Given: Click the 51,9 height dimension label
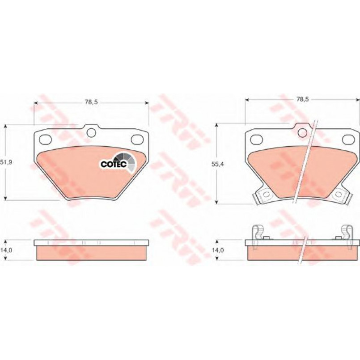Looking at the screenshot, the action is (6, 162).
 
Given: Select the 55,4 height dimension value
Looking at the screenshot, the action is (217, 164).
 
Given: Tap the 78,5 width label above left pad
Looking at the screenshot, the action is (91, 102).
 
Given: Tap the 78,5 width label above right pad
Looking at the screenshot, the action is (303, 99).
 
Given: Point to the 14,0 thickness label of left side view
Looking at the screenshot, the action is (6, 250).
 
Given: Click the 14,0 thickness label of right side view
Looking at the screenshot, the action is (217, 250).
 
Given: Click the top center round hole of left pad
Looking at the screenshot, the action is (91, 132).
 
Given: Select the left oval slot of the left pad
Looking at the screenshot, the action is (45, 139).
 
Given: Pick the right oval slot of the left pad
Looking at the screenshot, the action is (137, 139).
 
